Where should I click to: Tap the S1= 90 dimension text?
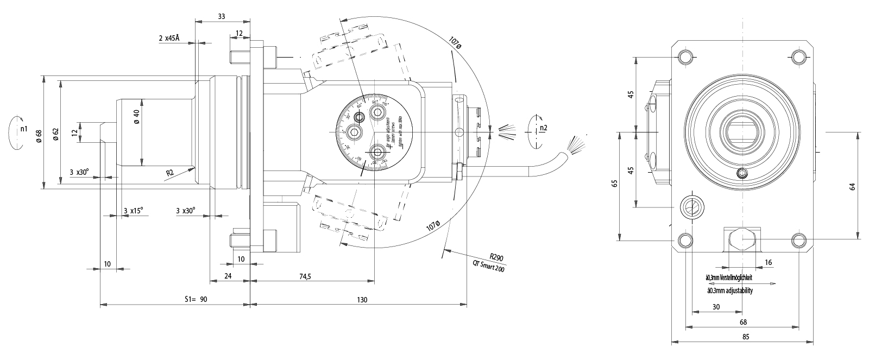(x=196, y=300)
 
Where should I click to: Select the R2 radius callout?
(x=170, y=173)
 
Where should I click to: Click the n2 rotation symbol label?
(x=543, y=129)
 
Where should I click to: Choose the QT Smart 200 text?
(x=488, y=267)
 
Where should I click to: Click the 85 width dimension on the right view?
(x=745, y=337)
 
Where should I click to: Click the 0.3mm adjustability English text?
(x=729, y=290)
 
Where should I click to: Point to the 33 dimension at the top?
(x=222, y=17)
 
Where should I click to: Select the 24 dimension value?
(x=228, y=276)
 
